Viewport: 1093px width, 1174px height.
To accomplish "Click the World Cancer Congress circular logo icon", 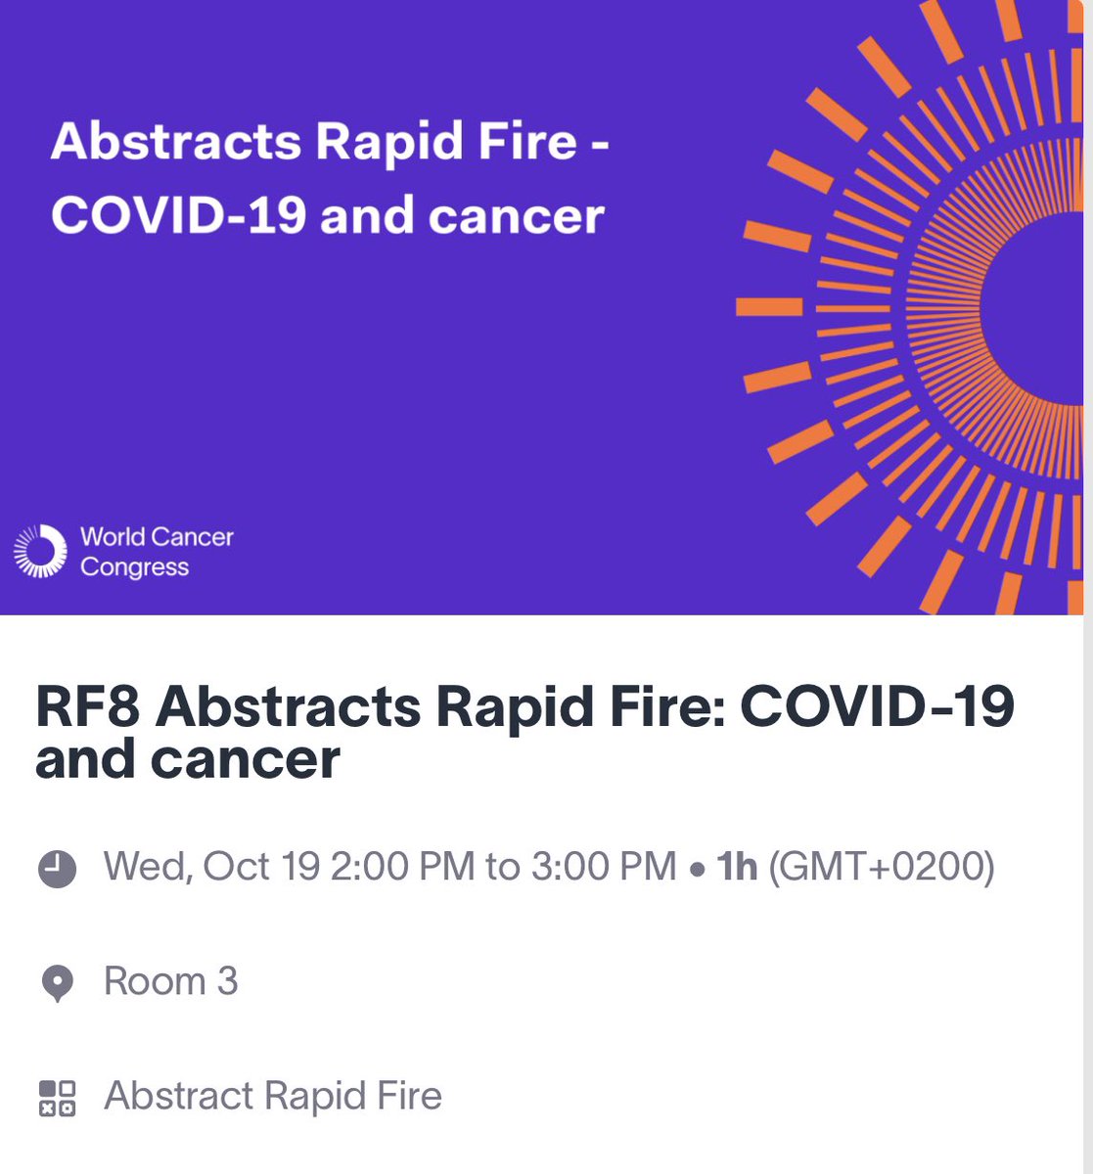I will pos(39,551).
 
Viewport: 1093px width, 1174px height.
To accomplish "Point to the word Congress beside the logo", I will pos(134,567).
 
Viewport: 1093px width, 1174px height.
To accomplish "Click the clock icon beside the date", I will pos(57,868).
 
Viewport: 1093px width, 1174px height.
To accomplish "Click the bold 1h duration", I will pos(737,867).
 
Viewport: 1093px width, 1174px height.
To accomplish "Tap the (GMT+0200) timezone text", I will pos(881,867).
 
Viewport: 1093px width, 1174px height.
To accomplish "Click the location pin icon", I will pos(57,982).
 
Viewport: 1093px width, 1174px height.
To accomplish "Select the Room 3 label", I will pos(170,981).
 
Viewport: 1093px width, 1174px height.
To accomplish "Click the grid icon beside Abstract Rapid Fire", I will pos(57,1098).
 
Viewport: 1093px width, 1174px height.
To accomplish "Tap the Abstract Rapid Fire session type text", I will pos(273,1096).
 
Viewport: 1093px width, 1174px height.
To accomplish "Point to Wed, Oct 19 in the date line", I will pos(212,867).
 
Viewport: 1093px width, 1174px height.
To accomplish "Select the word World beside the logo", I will pos(112,537).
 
